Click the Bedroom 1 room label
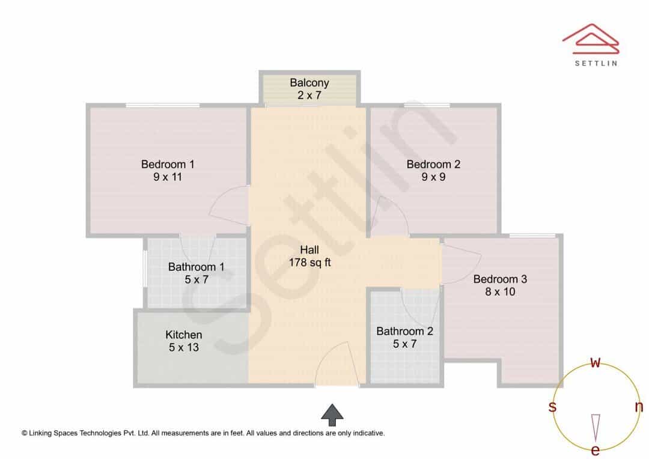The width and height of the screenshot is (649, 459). click(x=168, y=164)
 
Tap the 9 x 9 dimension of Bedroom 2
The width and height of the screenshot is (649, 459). click(x=433, y=177)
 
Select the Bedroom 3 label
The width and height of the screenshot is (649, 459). click(x=500, y=279)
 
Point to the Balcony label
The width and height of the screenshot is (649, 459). click(x=309, y=83)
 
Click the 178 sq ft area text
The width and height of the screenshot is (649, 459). click(x=309, y=263)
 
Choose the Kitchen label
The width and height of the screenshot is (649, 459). click(x=184, y=335)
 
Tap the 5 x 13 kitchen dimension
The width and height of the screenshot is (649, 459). click(x=184, y=347)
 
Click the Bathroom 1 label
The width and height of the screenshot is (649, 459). click(x=196, y=267)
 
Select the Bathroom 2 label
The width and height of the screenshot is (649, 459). click(x=404, y=331)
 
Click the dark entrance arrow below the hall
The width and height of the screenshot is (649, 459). click(x=332, y=415)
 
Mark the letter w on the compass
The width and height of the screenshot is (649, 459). click(x=595, y=362)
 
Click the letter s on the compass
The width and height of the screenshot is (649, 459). click(x=552, y=407)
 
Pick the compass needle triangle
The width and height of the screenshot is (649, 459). click(x=596, y=428)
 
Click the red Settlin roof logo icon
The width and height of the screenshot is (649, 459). click(x=591, y=38)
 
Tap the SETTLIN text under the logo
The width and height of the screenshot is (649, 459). click(x=596, y=63)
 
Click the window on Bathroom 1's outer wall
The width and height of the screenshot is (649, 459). click(x=145, y=268)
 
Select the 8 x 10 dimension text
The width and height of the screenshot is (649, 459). click(x=500, y=292)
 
